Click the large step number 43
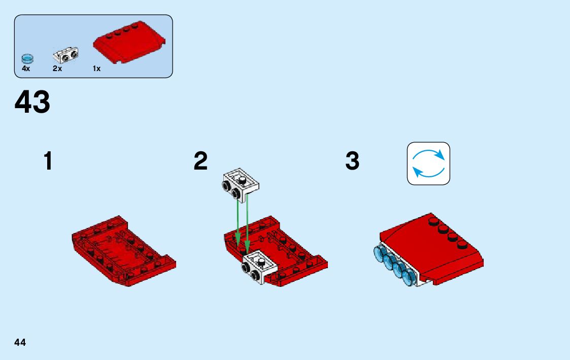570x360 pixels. click(x=32, y=102)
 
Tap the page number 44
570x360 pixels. click(x=20, y=342)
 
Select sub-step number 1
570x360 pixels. click(x=48, y=161)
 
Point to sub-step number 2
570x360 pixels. click(x=200, y=161)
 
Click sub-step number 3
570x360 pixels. click(x=352, y=161)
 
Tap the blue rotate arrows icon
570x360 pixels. click(x=428, y=163)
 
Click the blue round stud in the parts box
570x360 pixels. click(x=27, y=58)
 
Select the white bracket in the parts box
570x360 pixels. click(x=66, y=53)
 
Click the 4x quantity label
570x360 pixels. click(x=26, y=69)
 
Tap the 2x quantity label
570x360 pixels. click(x=57, y=69)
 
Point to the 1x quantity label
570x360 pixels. click(x=96, y=69)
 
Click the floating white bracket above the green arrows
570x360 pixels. click(x=240, y=182)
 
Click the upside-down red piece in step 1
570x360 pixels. click(x=123, y=250)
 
